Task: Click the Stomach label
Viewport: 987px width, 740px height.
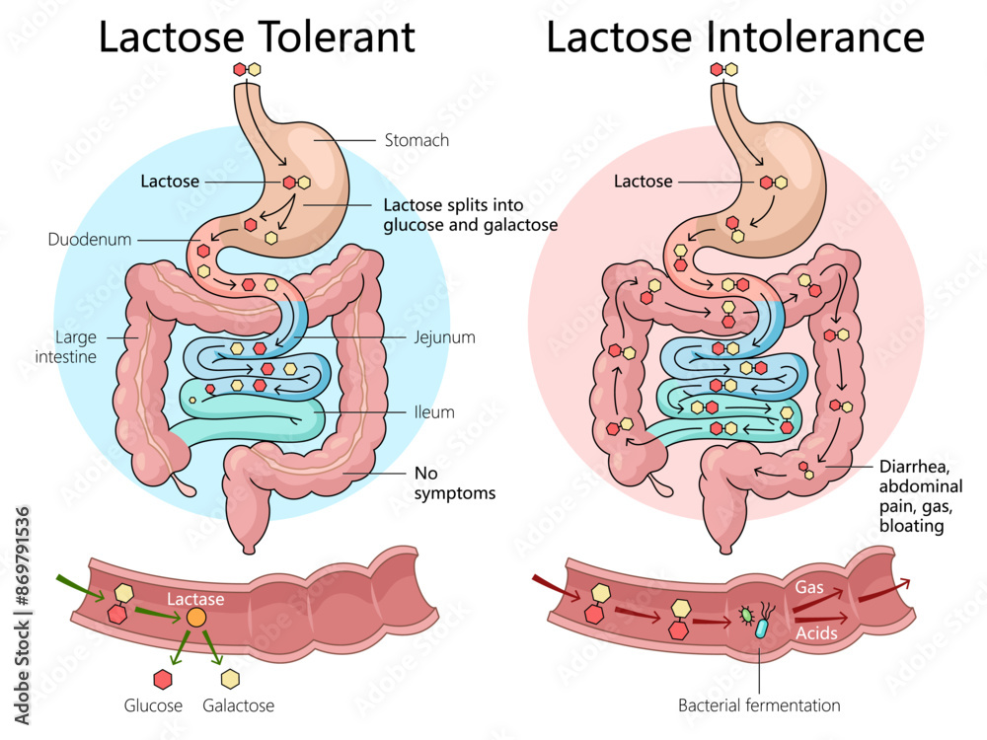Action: tap(416, 140)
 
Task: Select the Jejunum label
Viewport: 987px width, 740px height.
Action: tap(444, 337)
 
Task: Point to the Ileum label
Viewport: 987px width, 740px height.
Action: tap(434, 412)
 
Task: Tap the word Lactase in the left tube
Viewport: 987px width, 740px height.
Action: tap(195, 599)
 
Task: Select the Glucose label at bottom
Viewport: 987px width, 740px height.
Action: tap(153, 705)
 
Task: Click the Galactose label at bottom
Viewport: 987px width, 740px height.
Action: tap(238, 705)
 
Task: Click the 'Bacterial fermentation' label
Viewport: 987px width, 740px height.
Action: tap(759, 705)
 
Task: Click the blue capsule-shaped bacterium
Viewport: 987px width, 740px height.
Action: tap(761, 629)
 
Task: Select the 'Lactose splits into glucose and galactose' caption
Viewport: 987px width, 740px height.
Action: tap(470, 215)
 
